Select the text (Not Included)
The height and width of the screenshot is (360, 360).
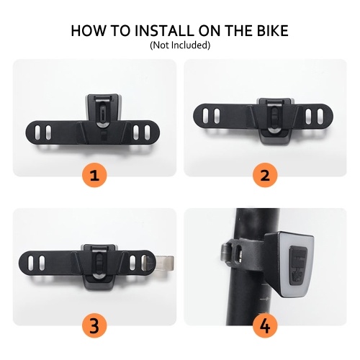pyautogui.click(x=180, y=45)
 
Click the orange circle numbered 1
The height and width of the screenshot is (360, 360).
pyautogui.click(x=94, y=175)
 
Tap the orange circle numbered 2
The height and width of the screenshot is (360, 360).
pyautogui.click(x=265, y=175)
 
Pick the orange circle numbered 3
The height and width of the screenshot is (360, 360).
pyautogui.click(x=94, y=325)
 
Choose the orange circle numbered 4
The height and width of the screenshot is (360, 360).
pyautogui.click(x=265, y=325)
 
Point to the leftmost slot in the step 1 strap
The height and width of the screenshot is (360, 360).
pyautogui.click(x=37, y=132)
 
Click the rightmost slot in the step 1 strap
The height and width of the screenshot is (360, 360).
pyautogui.click(x=147, y=132)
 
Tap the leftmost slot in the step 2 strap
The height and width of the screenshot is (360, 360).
pyautogui.click(x=205, y=116)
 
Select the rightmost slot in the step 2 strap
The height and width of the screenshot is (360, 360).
pyautogui.click(x=320, y=116)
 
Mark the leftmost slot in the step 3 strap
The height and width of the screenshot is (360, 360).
pyautogui.click(x=31, y=263)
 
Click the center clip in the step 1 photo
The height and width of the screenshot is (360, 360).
pyautogui.click(x=103, y=113)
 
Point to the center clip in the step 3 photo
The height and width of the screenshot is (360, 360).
pyautogui.click(x=99, y=264)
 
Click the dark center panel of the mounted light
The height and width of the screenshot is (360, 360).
pyautogui.click(x=298, y=265)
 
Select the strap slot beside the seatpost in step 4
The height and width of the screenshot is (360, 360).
pyautogui.click(x=239, y=253)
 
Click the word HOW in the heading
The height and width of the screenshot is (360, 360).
pyautogui.click(x=88, y=31)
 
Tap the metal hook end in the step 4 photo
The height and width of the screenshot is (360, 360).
pyautogui.click(x=225, y=253)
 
